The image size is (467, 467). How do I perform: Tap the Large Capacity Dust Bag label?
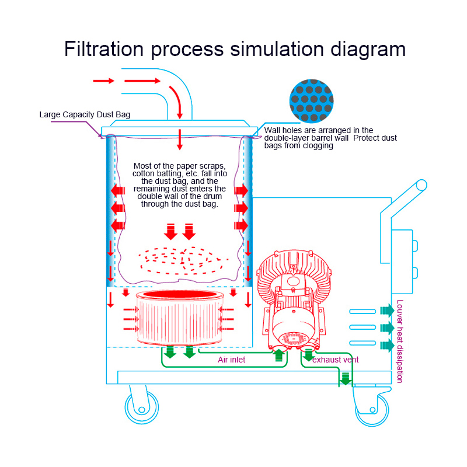point(85,114)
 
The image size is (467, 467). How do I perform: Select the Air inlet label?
point(231,360)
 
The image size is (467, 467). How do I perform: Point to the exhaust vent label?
point(335,360)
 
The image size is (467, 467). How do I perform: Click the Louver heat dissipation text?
point(400,341)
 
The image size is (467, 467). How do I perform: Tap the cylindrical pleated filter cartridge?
point(180,318)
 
